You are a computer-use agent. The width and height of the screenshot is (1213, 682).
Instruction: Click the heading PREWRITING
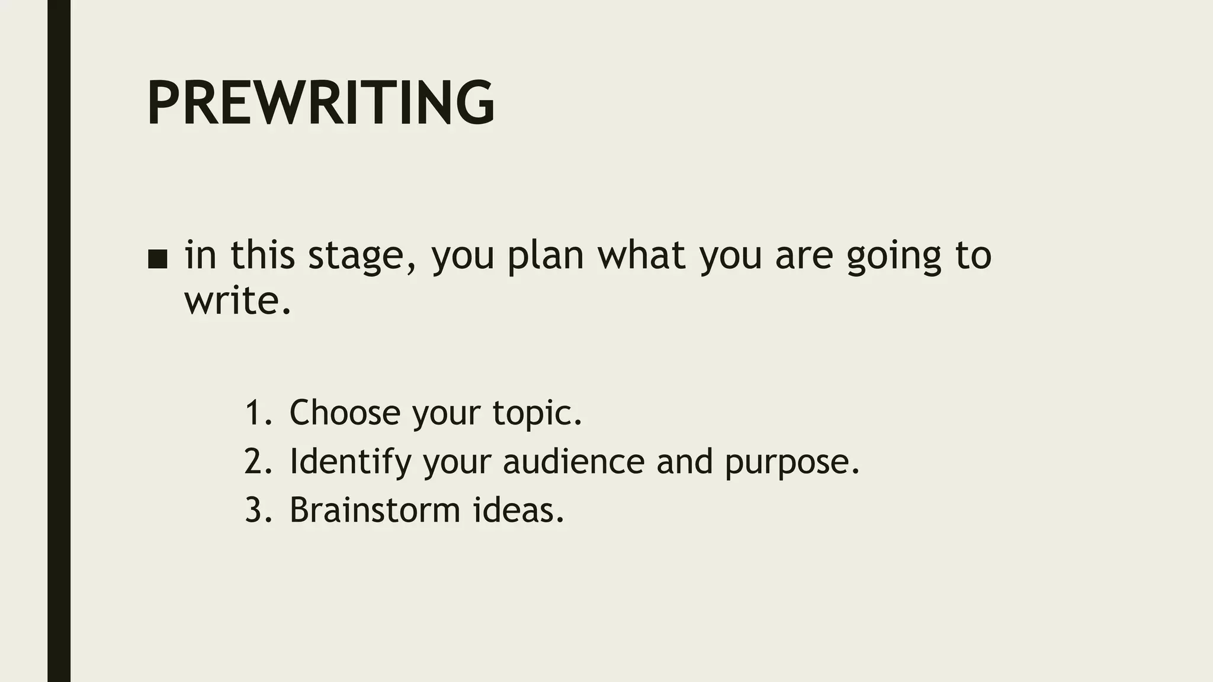coord(320,103)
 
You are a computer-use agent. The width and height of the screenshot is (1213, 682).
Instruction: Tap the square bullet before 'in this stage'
coord(158,259)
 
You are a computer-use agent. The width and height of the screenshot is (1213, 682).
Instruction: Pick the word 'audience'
coord(573,461)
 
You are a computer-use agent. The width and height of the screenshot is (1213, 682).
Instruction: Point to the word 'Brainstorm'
coord(375,510)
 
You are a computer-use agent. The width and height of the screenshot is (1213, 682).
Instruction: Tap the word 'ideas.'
coord(518,510)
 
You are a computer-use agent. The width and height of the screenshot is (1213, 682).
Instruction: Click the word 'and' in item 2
coord(684,461)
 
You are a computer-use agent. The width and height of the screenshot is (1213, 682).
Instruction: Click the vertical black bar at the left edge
coord(59,341)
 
